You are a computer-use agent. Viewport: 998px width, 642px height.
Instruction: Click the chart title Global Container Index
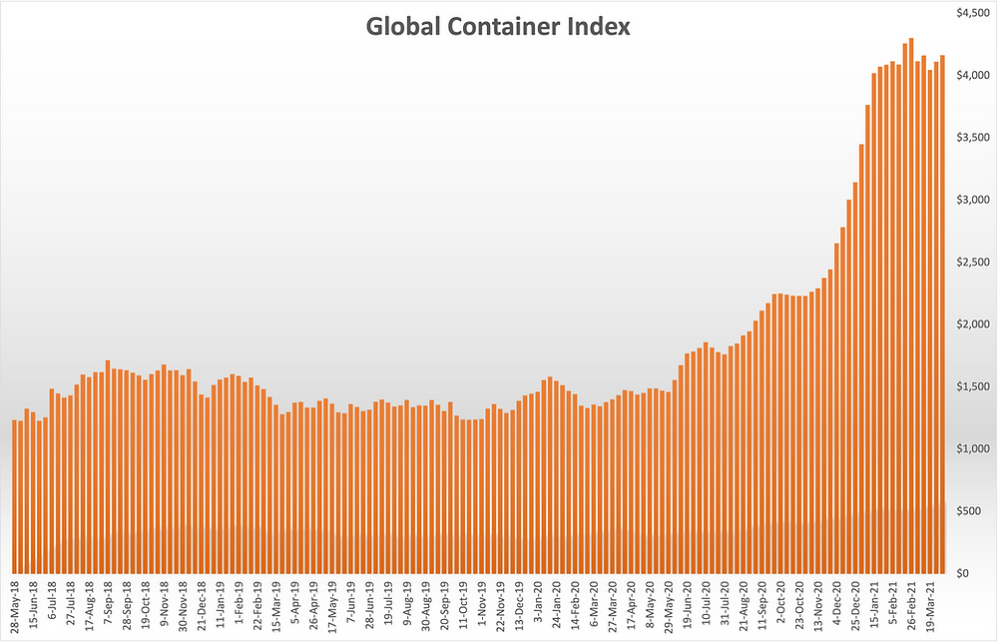coord(498,27)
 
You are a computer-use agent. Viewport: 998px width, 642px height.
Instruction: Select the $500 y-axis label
coord(973,511)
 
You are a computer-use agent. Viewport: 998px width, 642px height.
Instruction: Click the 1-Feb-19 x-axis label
coord(241,605)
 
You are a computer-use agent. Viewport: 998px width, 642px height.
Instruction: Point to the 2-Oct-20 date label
coord(780,605)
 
